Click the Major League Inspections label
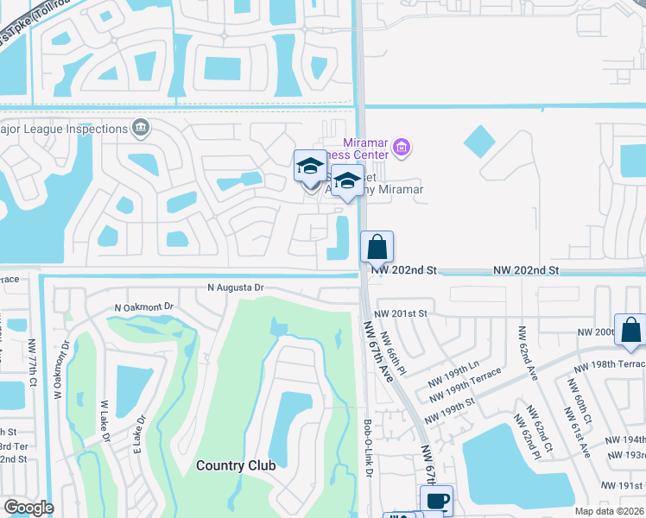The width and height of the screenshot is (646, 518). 64,129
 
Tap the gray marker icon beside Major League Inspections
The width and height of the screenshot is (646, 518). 140,129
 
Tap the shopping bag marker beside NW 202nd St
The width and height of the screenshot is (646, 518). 377,248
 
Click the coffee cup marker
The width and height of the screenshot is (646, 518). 437,501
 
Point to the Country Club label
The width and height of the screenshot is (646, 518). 236,465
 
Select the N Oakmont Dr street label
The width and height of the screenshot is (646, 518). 144,307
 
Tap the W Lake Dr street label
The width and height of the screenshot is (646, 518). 104,423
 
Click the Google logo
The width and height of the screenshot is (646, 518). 28,508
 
